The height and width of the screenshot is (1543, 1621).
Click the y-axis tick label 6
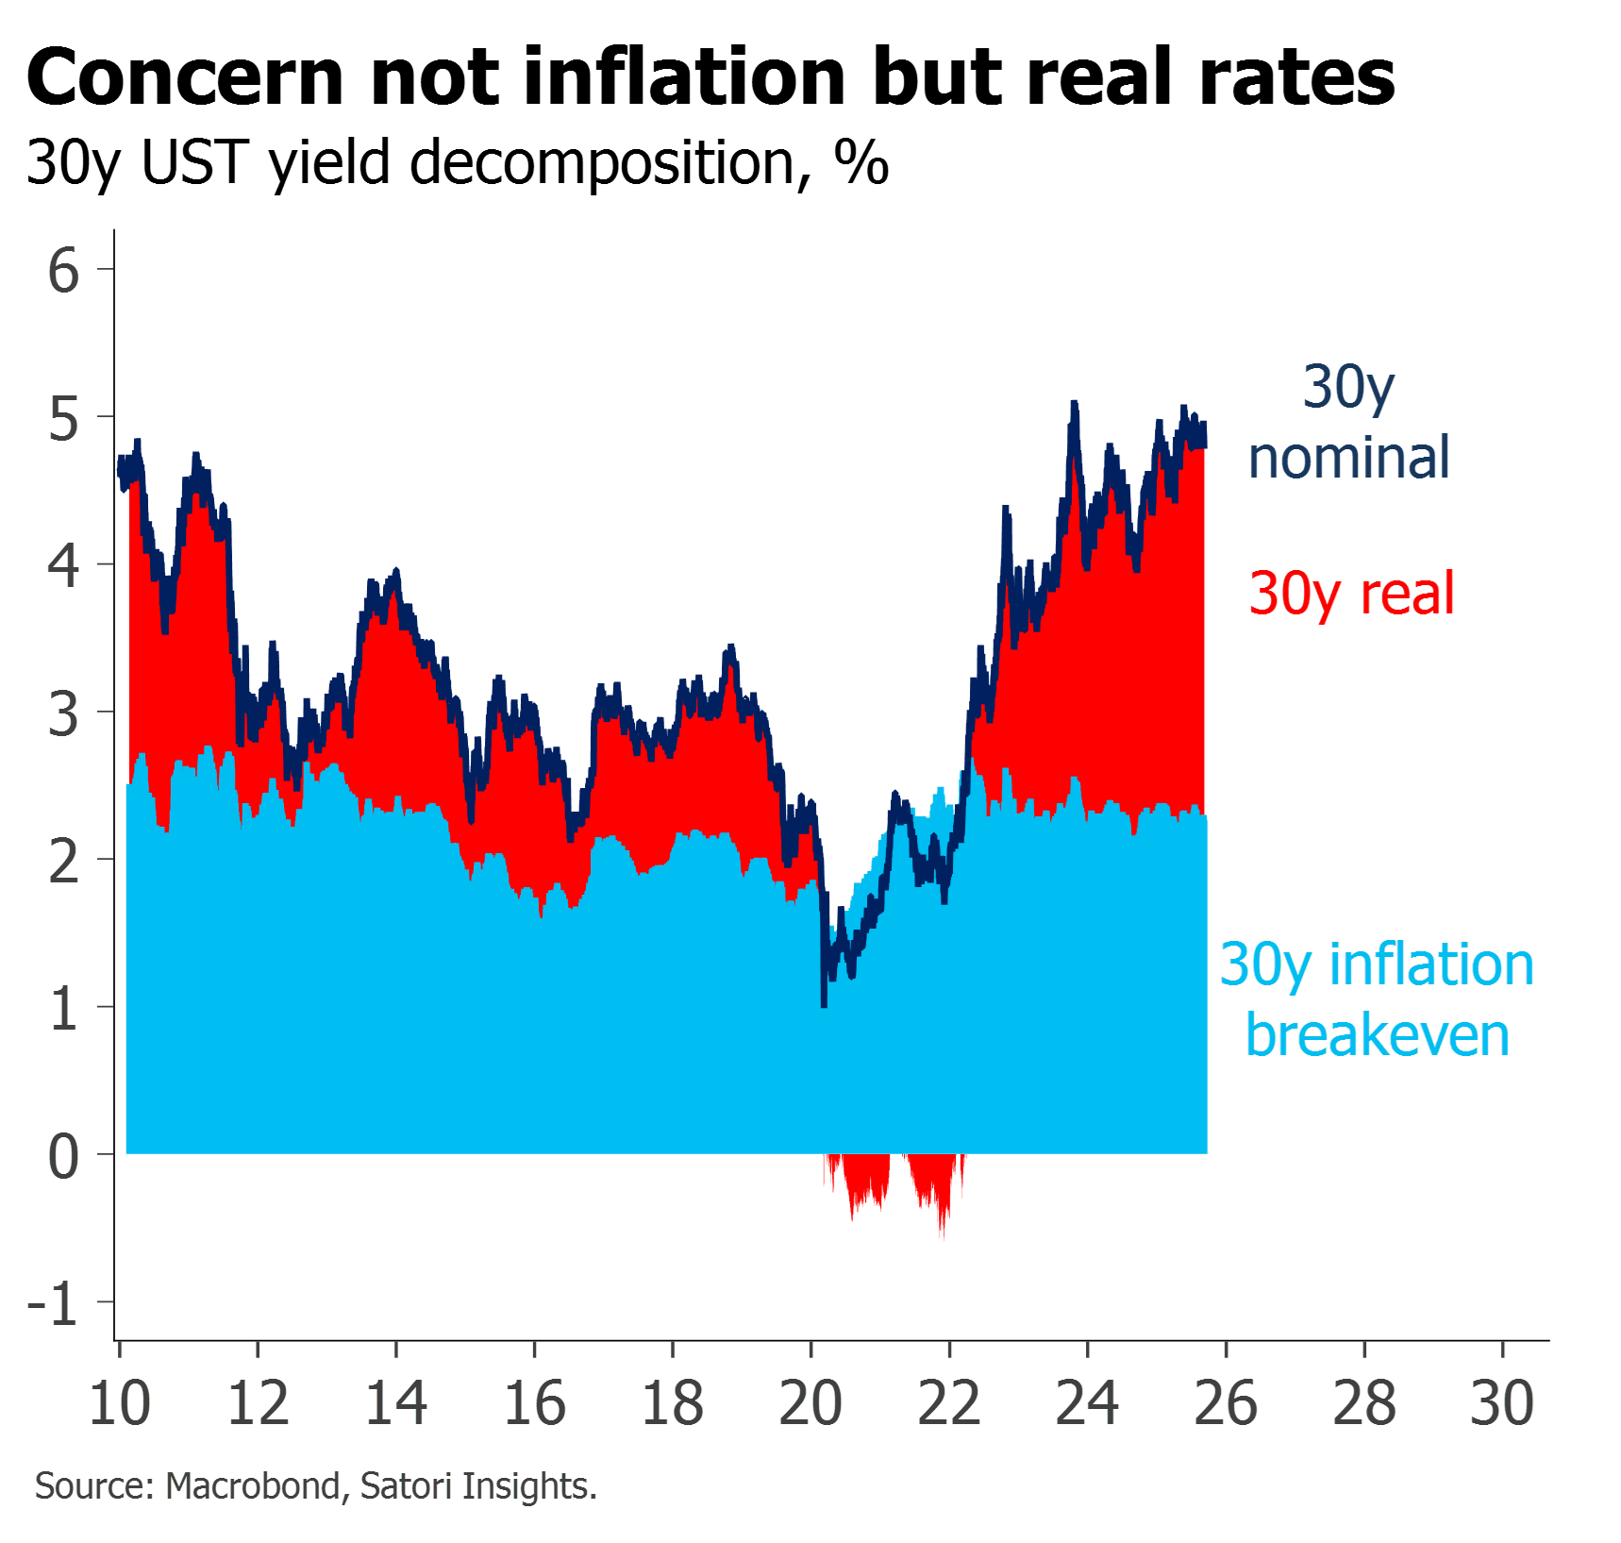(x=63, y=271)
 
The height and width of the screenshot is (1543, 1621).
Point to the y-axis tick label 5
(x=63, y=418)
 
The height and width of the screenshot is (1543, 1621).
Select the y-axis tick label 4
(x=63, y=566)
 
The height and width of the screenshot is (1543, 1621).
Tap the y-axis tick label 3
(x=63, y=713)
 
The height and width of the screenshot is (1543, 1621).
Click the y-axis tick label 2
(x=63, y=861)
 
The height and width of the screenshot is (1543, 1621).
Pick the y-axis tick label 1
(x=63, y=1009)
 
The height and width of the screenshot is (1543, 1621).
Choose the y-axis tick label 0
(x=63, y=1156)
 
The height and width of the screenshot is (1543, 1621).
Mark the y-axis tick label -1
(x=54, y=1304)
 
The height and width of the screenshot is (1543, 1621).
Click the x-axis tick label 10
(x=120, y=1403)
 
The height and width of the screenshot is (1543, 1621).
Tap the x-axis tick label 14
(x=396, y=1403)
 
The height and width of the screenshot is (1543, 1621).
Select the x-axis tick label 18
(x=673, y=1403)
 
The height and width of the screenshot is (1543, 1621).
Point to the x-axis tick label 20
(x=811, y=1403)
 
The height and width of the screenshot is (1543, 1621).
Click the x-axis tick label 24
(x=1088, y=1403)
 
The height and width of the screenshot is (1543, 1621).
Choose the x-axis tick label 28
(x=1364, y=1403)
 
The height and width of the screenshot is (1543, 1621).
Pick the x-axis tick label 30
(x=1503, y=1403)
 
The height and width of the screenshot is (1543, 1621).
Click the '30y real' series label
(x=1352, y=594)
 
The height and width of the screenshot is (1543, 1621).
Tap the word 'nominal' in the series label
(x=1348, y=458)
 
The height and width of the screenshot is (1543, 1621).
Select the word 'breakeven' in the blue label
(x=1378, y=1035)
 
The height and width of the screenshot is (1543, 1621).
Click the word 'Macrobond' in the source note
(x=252, y=1486)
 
